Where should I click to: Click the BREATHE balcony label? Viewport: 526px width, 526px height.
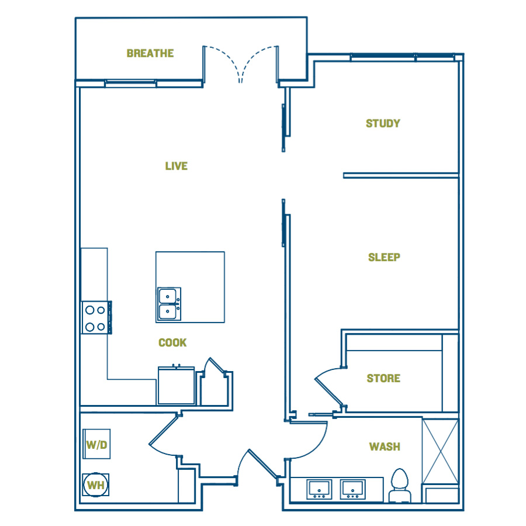pyautogui.click(x=150, y=53)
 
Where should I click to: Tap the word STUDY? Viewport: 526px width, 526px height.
pyautogui.click(x=383, y=123)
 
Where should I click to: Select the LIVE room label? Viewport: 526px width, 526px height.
pyautogui.click(x=176, y=166)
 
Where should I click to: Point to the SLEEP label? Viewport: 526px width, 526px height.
pyautogui.click(x=384, y=257)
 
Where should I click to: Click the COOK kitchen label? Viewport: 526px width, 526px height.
pyautogui.click(x=172, y=342)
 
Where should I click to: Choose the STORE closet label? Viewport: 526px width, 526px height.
pyautogui.click(x=383, y=378)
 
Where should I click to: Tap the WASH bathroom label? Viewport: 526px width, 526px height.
pyautogui.click(x=385, y=447)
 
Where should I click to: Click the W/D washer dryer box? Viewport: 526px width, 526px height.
pyautogui.click(x=96, y=444)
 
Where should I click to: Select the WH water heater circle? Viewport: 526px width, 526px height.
pyautogui.click(x=96, y=485)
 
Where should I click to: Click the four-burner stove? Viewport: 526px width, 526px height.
pyautogui.click(x=96, y=318)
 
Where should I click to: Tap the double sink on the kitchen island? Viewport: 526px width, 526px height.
pyautogui.click(x=169, y=304)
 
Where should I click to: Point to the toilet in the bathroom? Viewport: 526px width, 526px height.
pyautogui.click(x=400, y=486)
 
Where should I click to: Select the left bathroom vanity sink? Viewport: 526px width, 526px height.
pyautogui.click(x=319, y=489)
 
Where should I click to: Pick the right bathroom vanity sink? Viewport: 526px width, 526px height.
pyautogui.click(x=352, y=489)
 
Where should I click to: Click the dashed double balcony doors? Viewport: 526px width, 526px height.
pyautogui.click(x=240, y=64)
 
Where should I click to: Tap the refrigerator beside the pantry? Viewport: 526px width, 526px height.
pyautogui.click(x=176, y=386)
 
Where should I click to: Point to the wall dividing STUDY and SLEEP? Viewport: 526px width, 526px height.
pyautogui.click(x=401, y=175)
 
